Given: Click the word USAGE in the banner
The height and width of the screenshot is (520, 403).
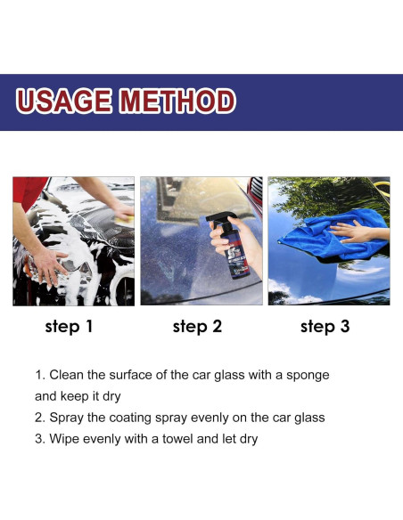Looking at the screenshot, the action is [x=63, y=101].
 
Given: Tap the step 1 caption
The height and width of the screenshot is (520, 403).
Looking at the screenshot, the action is [x=69, y=327].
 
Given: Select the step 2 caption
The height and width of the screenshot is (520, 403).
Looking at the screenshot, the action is [x=197, y=327].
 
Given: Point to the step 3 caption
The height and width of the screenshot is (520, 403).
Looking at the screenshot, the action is [x=325, y=327].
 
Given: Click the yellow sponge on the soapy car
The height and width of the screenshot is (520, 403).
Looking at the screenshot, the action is [x=126, y=220].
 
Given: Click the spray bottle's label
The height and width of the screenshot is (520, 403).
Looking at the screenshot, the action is [x=236, y=259].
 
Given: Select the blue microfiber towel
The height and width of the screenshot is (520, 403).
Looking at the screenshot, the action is [x=332, y=235].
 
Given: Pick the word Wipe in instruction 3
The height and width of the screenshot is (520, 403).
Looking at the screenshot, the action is [x=64, y=439].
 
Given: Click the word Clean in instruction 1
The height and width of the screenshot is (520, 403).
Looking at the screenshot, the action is [x=66, y=375].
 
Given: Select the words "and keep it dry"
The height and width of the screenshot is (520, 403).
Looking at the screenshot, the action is [x=78, y=396].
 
